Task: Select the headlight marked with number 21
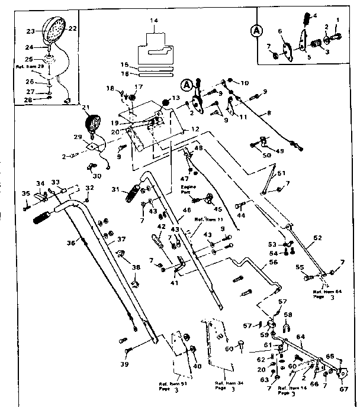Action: pyautogui.click(x=92, y=125)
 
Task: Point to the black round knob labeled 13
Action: pyautogui.click(x=168, y=104)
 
